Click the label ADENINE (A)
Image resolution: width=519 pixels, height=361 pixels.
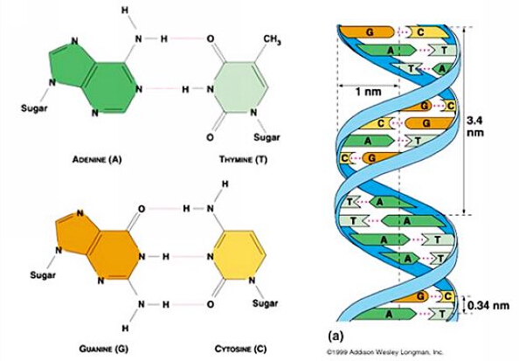click(x=97, y=160)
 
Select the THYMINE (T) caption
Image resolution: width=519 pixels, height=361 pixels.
click(x=244, y=160)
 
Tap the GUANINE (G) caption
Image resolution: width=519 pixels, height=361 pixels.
click(x=104, y=349)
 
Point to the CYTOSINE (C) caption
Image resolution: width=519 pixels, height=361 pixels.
click(x=240, y=349)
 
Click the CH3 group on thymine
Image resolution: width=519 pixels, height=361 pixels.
click(x=272, y=39)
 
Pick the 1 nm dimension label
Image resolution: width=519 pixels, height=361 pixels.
click(x=368, y=92)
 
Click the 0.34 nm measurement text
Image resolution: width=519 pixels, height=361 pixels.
click(x=488, y=305)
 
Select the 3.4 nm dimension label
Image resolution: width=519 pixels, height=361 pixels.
click(x=475, y=126)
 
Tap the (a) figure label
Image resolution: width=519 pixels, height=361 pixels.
click(x=336, y=336)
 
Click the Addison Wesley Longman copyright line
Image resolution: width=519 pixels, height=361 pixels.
click(x=384, y=352)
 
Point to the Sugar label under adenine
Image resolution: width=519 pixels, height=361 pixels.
click(x=34, y=108)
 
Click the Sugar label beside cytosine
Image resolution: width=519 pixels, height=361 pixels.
click(x=265, y=303)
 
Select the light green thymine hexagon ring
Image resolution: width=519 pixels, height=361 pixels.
click(x=241, y=87)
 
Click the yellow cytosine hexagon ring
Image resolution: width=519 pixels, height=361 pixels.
click(x=239, y=256)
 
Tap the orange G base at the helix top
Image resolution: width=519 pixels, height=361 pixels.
click(x=367, y=32)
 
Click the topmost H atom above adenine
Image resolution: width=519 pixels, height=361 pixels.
click(x=125, y=10)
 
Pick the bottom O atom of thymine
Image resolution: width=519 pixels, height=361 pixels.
click(x=210, y=137)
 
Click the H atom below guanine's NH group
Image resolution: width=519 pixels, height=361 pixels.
click(x=125, y=328)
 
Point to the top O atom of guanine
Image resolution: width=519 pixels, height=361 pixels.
click(x=142, y=209)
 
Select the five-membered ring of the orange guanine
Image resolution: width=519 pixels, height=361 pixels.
click(x=73, y=232)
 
